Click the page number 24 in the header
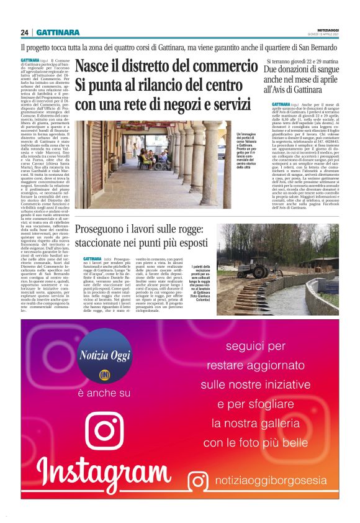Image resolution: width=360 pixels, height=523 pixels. [x=24, y=32]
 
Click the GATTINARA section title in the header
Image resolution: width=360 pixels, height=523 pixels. [x=58, y=32]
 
